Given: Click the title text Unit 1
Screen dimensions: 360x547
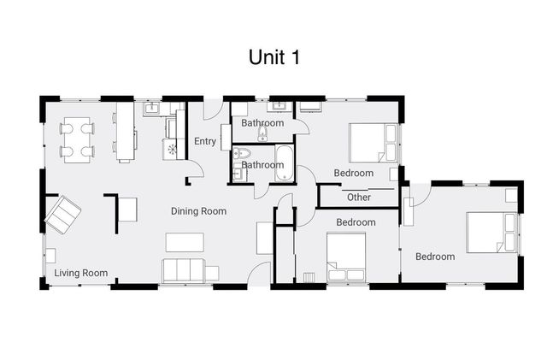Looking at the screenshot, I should point(273,56).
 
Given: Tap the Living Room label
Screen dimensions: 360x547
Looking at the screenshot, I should point(81,273).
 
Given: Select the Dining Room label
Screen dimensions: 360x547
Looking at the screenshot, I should point(198,211).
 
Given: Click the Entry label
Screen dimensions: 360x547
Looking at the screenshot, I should point(205,142).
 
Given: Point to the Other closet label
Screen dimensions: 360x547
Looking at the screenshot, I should point(359,198).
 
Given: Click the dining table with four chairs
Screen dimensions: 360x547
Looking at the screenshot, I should point(77,139).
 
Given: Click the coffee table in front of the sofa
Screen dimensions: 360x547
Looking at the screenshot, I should point(185,242).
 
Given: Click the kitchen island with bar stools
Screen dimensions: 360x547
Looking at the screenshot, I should point(126,132).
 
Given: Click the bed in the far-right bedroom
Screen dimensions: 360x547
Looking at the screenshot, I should point(491,233).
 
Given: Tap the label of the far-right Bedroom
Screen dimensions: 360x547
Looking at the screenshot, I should point(435,257).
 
